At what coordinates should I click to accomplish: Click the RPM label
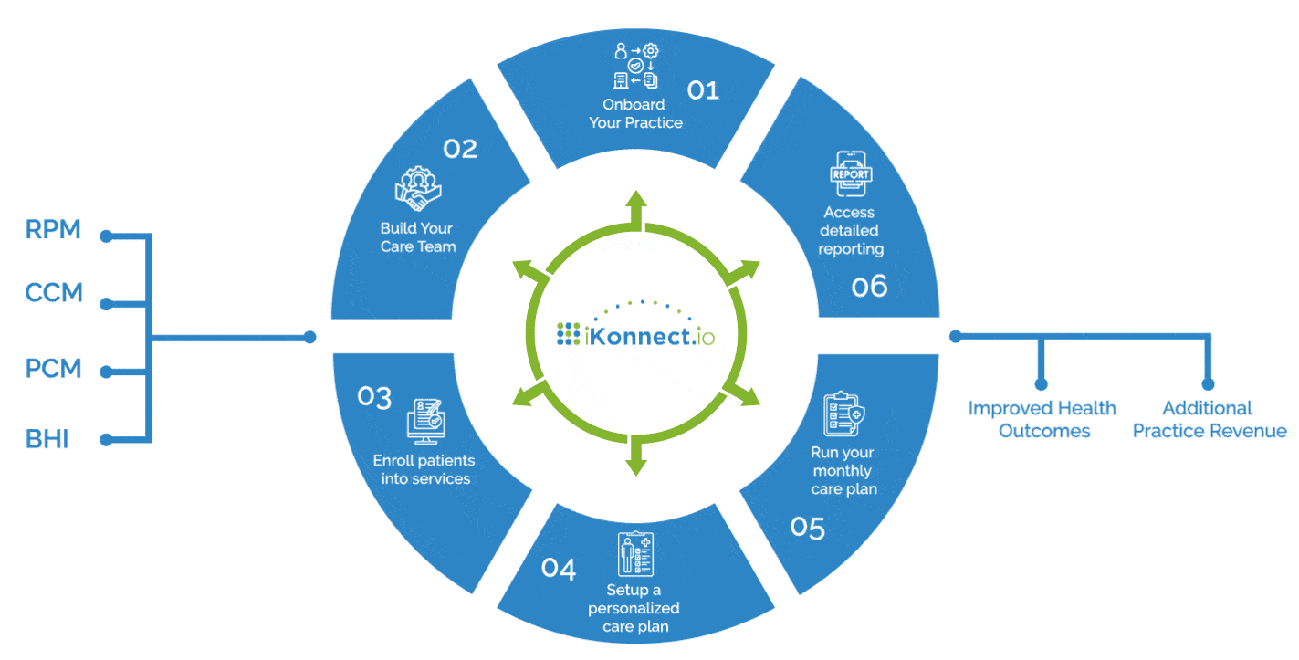point(53,230)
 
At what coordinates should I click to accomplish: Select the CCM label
point(54,293)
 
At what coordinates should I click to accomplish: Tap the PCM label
point(54,369)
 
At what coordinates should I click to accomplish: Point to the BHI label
point(47,439)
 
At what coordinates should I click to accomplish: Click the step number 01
point(703,89)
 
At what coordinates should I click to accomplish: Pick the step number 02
point(460,149)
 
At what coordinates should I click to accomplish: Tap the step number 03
point(374,397)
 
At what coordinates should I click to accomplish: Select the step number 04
point(559,569)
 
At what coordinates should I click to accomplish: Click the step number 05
point(808,529)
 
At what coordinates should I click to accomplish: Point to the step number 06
point(869,287)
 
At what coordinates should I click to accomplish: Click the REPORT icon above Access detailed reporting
point(851,173)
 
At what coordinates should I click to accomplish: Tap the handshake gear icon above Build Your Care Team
point(417,189)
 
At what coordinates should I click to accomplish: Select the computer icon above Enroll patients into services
point(424,421)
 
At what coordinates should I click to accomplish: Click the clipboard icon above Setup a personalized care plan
point(635,553)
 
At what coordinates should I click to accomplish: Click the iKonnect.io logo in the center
point(636,335)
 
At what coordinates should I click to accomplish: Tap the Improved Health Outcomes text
point(1042,419)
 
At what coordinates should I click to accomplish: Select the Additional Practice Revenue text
point(1210,419)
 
